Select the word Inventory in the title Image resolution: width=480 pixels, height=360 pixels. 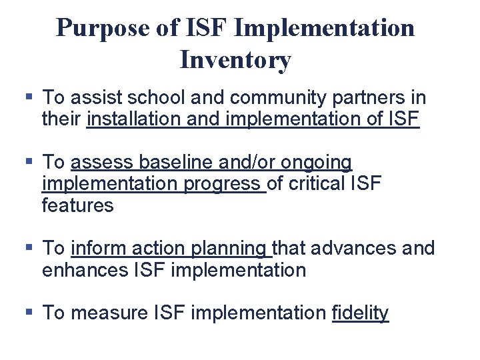235,60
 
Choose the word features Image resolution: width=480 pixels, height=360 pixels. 77,205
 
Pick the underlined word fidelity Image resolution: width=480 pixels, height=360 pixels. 360,313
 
